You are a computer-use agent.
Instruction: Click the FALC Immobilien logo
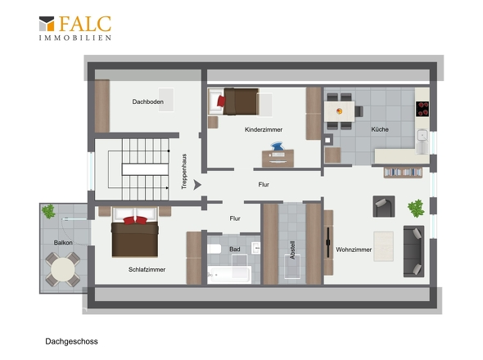tap(74, 28)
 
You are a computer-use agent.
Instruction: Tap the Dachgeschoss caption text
tap(71, 341)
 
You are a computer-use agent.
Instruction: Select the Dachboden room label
tap(148, 101)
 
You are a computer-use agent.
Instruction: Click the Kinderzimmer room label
tap(264, 129)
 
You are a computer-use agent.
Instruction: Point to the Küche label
tap(380, 129)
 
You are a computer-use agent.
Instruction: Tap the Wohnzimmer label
tap(354, 250)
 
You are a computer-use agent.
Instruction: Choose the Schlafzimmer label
tap(147, 269)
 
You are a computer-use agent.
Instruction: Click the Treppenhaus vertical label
tap(184, 171)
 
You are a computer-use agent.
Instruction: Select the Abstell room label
tap(292, 250)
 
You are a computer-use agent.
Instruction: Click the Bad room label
tap(235, 249)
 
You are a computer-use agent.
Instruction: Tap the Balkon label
tap(63, 243)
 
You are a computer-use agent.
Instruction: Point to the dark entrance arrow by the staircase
tap(197, 185)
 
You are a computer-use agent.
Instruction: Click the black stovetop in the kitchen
tap(422, 109)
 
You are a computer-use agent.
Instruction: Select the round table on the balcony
tap(63, 270)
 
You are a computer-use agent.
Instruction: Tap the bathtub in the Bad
tap(229, 274)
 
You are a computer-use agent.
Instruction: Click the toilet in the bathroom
tap(214, 249)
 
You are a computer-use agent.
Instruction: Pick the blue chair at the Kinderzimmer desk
tap(278, 146)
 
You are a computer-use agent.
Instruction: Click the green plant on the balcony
tap(48, 211)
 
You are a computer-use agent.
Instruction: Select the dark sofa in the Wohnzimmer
tap(413, 251)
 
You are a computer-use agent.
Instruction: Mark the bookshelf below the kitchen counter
tap(403, 172)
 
